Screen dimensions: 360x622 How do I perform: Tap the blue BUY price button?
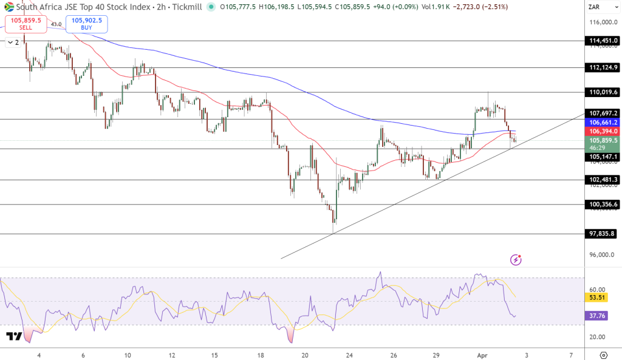tap(86, 24)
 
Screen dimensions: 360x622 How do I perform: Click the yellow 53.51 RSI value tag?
tap(595, 297)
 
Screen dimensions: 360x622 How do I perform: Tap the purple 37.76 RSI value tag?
tap(595, 316)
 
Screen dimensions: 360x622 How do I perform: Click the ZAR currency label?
tap(595, 7)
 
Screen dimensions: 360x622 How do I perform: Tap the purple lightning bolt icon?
tap(516, 260)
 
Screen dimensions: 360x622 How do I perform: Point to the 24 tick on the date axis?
tap(349, 355)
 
